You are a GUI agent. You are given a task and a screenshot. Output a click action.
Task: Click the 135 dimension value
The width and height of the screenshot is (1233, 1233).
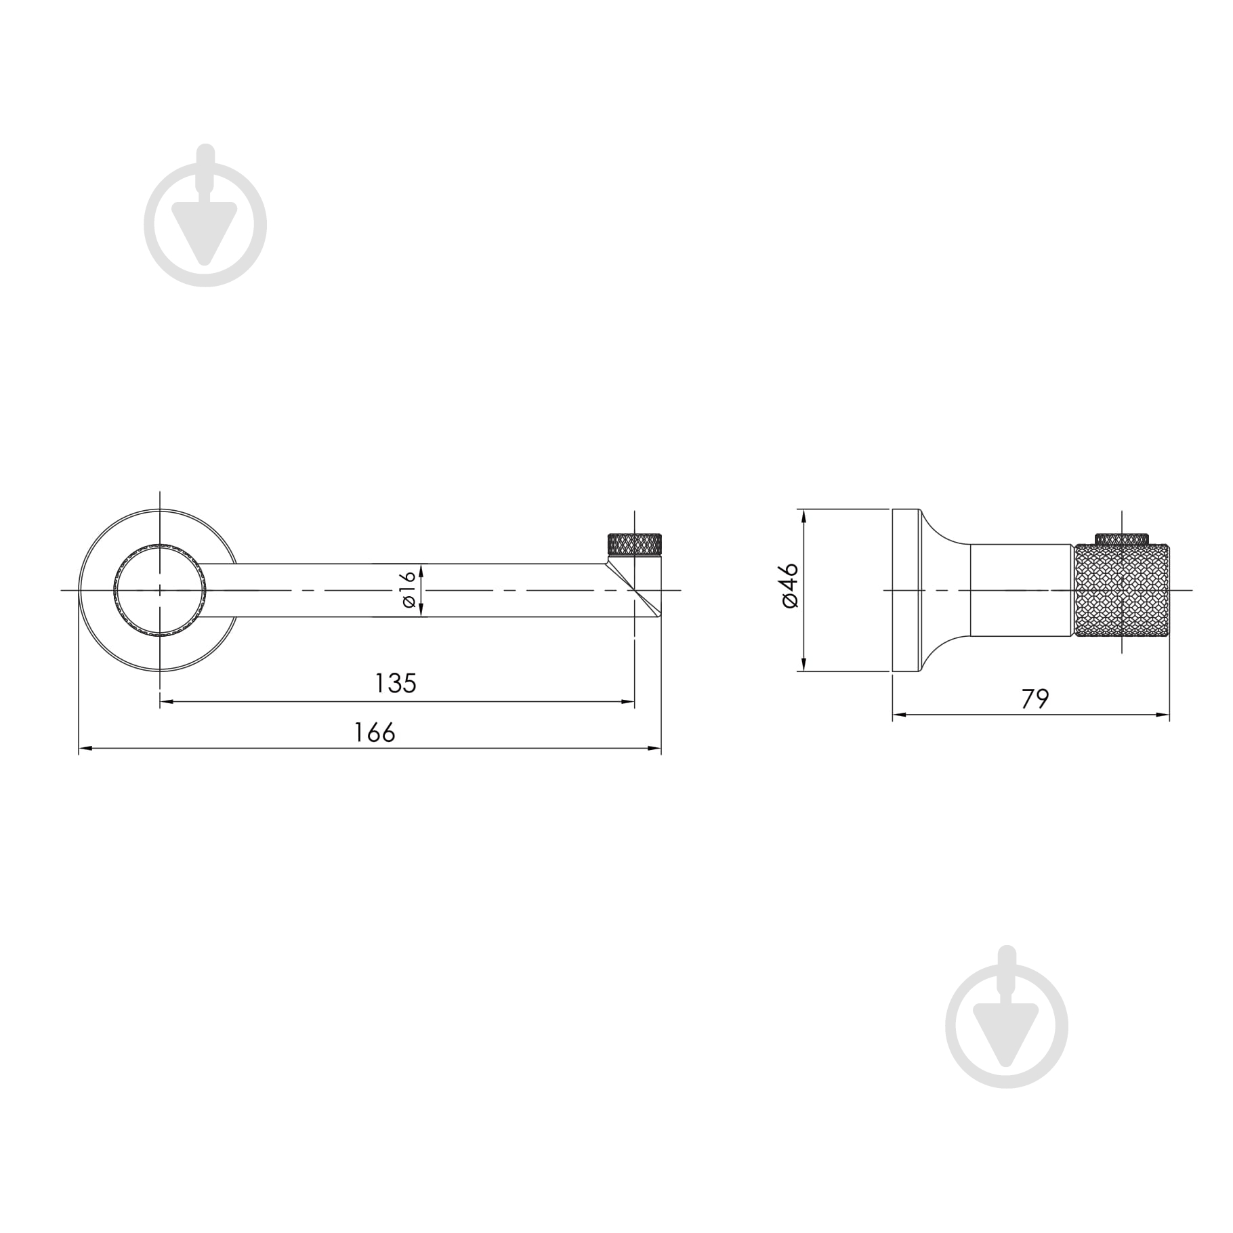tap(396, 683)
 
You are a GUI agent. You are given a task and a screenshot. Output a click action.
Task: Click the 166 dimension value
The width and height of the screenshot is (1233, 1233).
tap(375, 732)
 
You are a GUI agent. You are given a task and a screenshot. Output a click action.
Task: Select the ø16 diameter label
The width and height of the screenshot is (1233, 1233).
tap(407, 589)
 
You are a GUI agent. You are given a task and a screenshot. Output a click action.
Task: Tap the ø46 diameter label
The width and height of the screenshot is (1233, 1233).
tap(790, 585)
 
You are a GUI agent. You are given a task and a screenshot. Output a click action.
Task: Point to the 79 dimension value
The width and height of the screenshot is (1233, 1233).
tap(1035, 698)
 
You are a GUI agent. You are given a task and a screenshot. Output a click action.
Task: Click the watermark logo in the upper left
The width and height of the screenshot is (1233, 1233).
tap(205, 216)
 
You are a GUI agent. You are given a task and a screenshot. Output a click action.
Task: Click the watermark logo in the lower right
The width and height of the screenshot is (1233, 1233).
tap(1007, 1017)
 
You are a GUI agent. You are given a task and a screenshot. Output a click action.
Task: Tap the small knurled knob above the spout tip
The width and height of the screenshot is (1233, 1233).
tap(634, 545)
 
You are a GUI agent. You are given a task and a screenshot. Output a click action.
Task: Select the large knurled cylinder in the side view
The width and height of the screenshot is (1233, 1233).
tap(1122, 590)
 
